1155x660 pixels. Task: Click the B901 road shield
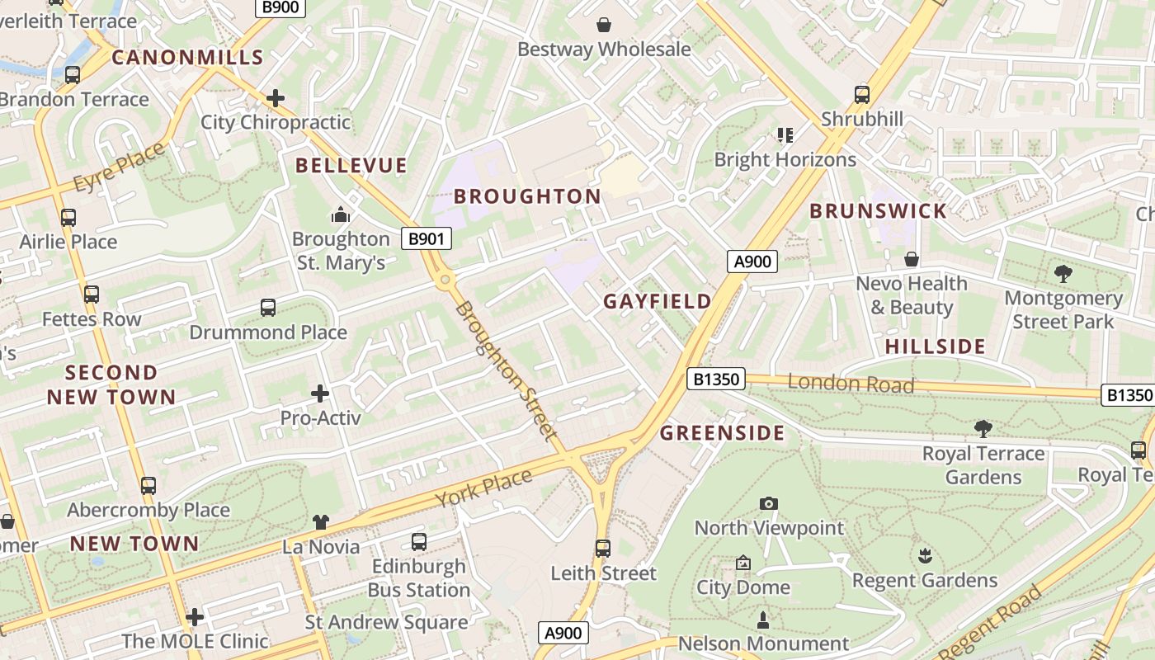coord(427,239)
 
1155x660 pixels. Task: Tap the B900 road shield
coord(280,7)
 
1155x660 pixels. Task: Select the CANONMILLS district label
coord(187,58)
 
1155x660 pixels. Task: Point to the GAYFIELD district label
coord(657,301)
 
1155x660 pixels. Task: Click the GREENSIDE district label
coord(723,433)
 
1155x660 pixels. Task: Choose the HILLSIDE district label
coord(936,346)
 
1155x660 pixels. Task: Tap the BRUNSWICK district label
coord(878,211)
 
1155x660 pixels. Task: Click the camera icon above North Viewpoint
coord(768,503)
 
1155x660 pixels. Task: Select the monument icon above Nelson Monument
coord(763,620)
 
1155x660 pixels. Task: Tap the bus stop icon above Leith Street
coord(603,549)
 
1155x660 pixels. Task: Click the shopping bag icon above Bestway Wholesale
coord(604,25)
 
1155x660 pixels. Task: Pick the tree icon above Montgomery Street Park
coord(1063,273)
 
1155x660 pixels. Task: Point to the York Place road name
coord(483,488)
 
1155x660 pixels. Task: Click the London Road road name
coord(851,384)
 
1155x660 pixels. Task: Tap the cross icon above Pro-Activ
coord(320,394)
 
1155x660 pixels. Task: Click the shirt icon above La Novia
coord(321,522)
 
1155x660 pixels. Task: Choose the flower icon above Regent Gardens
coord(925,556)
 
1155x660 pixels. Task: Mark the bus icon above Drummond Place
coord(268,308)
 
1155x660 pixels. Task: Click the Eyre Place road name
coord(119,167)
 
